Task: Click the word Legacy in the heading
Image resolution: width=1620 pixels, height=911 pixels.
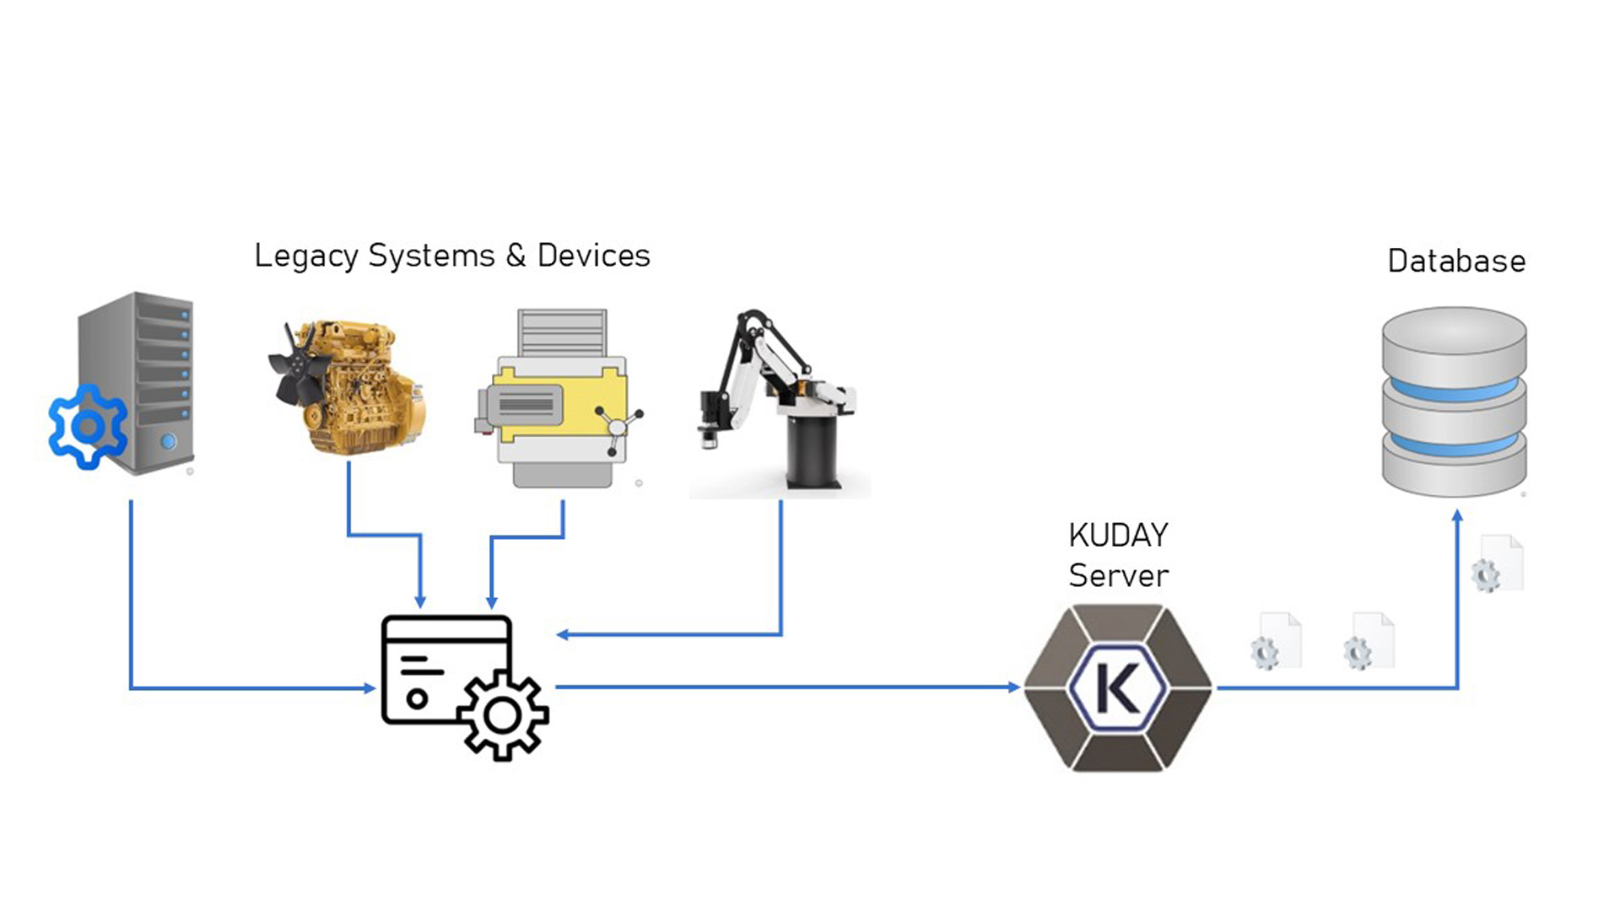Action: coord(305,256)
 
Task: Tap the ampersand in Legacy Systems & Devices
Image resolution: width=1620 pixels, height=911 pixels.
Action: coord(516,255)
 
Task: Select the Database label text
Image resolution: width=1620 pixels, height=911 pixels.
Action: coord(1456,261)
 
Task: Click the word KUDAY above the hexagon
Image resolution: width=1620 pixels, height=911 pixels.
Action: coord(1118,535)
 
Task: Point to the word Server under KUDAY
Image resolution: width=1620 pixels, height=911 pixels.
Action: coord(1118,576)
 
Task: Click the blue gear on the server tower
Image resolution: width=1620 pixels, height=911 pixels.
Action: coord(88,427)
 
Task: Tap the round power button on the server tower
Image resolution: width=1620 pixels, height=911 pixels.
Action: coord(169,441)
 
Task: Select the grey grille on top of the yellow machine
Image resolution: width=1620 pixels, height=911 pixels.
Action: coord(562,332)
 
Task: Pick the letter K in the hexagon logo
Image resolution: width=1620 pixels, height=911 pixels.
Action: coord(1117,687)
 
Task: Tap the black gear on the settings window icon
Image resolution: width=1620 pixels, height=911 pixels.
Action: coord(504,716)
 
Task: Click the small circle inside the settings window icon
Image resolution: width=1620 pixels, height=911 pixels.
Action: coord(417,698)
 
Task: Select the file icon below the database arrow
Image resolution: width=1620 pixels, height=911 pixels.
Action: coord(1498,563)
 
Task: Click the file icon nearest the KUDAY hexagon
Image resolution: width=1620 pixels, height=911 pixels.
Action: coord(1276,642)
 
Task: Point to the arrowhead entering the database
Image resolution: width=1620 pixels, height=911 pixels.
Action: coord(1457,515)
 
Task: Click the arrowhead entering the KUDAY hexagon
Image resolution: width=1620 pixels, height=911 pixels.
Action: coord(1014,687)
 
